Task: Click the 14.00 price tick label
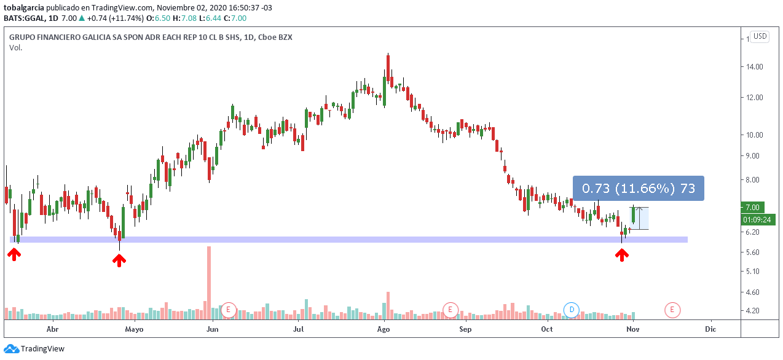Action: point(755,66)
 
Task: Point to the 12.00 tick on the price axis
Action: point(755,97)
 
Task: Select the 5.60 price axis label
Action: point(754,252)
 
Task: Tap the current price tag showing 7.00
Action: point(753,208)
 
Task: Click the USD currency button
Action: point(760,36)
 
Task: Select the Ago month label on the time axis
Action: point(384,329)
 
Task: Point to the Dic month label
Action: point(710,329)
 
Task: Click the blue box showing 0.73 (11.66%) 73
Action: point(638,189)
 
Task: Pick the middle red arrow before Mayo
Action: point(119,260)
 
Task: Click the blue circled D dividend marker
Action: point(572,310)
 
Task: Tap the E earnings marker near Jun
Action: point(229,310)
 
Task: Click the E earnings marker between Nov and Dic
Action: point(672,310)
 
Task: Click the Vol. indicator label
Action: point(16,48)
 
